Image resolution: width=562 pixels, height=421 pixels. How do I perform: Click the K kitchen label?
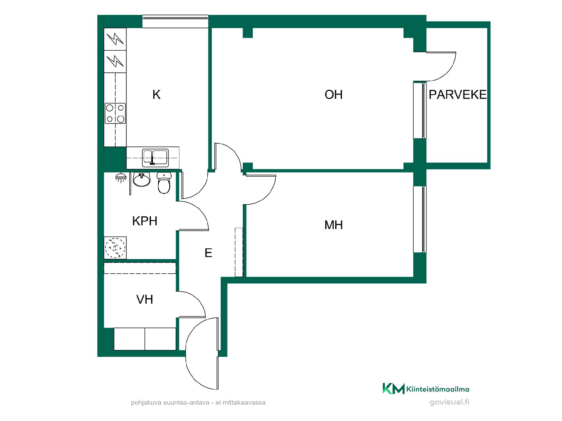(x=156, y=95)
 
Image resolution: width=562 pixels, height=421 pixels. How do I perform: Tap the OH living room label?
(x=333, y=95)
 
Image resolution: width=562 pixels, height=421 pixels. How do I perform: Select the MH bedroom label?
(x=333, y=225)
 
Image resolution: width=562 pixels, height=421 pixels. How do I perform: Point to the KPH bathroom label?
(x=145, y=221)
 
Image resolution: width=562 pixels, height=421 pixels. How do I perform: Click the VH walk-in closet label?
(x=145, y=299)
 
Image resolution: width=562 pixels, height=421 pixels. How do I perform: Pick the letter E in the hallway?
(x=208, y=253)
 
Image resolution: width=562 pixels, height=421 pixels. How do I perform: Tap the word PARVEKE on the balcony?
(x=458, y=95)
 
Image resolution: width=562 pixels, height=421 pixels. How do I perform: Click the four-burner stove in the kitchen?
(x=115, y=113)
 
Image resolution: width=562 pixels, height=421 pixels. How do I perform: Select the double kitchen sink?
(x=155, y=158)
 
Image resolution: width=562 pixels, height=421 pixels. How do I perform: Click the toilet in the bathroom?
(x=164, y=183)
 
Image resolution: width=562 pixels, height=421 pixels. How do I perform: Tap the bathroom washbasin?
(x=142, y=179)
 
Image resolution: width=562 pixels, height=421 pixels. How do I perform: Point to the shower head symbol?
(x=121, y=177)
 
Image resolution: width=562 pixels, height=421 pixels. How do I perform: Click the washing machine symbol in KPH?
(x=115, y=248)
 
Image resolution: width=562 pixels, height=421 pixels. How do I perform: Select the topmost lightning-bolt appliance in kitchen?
(x=115, y=39)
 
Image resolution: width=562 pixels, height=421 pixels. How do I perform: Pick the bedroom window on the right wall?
(x=420, y=219)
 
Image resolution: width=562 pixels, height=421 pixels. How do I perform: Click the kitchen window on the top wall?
(x=175, y=21)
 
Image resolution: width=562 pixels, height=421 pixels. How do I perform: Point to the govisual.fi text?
(x=449, y=402)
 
